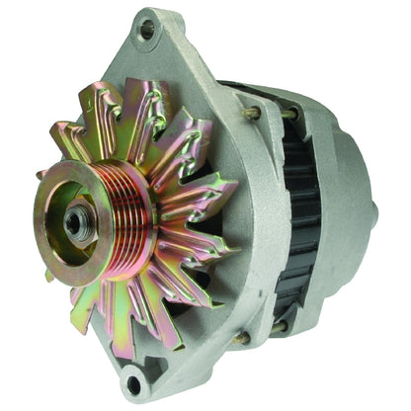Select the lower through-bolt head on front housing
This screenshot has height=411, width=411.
(239, 338)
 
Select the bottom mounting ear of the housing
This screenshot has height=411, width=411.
(133, 380)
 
